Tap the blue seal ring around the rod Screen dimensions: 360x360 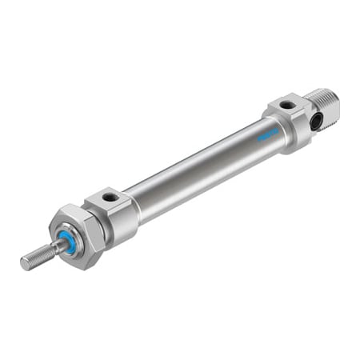pyautogui.click(x=69, y=242)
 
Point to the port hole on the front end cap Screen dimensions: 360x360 pyautogui.click(x=110, y=198)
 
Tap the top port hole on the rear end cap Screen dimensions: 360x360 pyautogui.click(x=286, y=105)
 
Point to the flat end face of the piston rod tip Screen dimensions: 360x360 pyautogui.click(x=24, y=263)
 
